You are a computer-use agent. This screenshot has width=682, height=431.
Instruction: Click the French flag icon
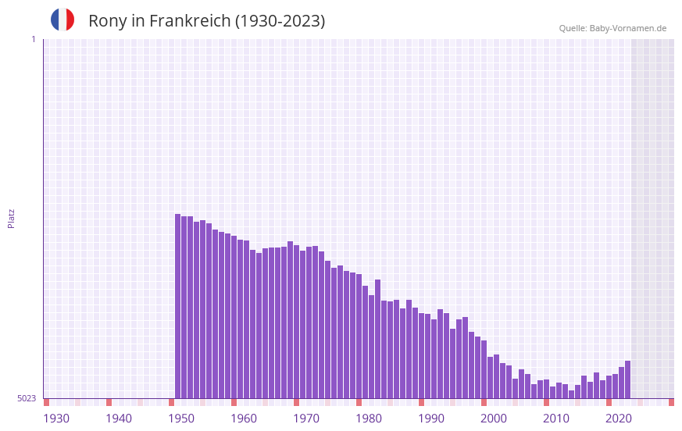coord(62,20)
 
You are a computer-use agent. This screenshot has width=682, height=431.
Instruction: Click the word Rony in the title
coord(107,21)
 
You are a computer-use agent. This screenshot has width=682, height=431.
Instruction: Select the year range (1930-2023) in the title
coord(280,21)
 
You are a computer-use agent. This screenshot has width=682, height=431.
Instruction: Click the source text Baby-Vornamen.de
coord(627,28)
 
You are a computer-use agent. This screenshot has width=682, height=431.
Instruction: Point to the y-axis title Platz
coord(11,218)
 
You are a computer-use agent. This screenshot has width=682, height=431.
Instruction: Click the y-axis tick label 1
coord(33,39)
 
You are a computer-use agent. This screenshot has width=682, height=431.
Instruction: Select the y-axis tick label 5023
coord(27,398)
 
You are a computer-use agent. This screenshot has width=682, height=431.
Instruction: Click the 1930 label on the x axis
coord(56,419)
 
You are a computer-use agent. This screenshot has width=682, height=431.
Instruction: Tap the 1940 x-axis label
coord(119,419)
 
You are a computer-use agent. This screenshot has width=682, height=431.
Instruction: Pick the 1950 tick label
coord(181,419)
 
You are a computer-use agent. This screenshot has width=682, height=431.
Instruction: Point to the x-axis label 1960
coord(244,419)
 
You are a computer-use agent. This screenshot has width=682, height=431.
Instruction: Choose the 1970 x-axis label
coord(306,419)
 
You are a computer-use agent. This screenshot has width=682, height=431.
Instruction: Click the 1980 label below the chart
coord(369,419)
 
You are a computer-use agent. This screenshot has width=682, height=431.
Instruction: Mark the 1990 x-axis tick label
coord(431,419)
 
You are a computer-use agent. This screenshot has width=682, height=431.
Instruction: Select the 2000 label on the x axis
coord(494,419)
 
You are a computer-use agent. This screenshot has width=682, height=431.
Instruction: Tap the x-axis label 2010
coord(556,419)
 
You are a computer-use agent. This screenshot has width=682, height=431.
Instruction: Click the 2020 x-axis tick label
coord(619,419)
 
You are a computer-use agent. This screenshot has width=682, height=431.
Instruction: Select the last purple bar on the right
coord(627,379)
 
